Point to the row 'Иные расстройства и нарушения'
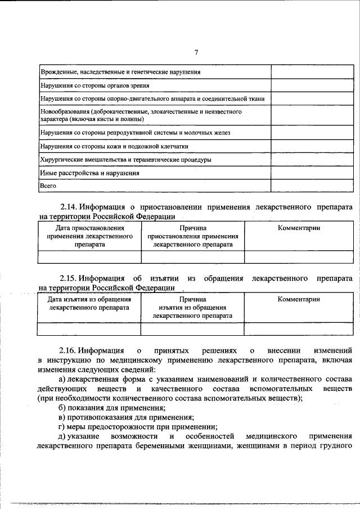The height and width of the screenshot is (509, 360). (89, 173)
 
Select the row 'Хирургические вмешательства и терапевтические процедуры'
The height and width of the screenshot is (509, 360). (125, 160)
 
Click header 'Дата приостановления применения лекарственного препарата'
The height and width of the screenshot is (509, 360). (89, 237)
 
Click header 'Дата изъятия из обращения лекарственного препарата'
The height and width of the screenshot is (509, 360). (89, 304)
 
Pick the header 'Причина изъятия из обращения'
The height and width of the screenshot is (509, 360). (192, 308)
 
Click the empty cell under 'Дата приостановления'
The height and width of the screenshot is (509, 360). (89, 257)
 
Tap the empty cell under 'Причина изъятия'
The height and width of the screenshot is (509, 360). (192, 328)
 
